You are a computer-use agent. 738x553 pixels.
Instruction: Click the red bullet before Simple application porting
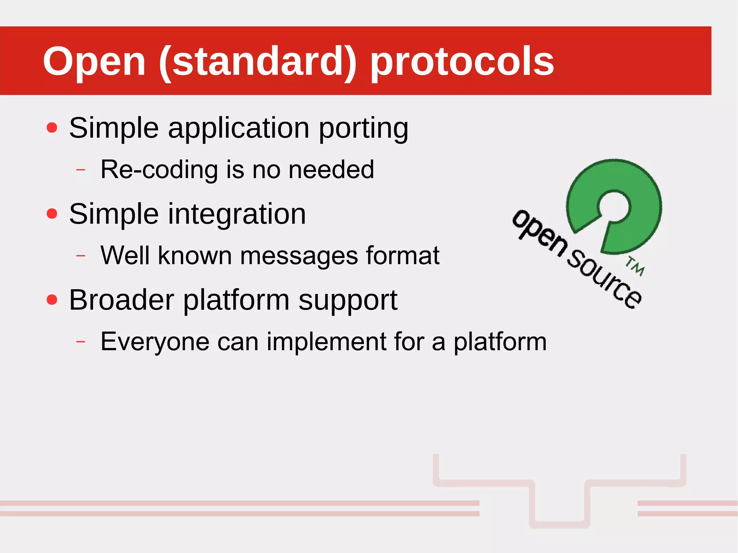click(52, 128)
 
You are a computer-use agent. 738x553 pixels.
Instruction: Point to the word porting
click(363, 128)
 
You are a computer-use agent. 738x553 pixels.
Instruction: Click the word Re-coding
click(159, 169)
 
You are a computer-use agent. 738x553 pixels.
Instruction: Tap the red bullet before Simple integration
click(52, 214)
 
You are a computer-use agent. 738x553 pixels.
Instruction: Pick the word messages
click(299, 256)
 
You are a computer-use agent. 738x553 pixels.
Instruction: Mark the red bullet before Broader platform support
click(52, 299)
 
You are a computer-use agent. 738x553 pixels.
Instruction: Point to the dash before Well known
click(81, 255)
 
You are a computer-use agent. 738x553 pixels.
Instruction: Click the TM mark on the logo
click(635, 267)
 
